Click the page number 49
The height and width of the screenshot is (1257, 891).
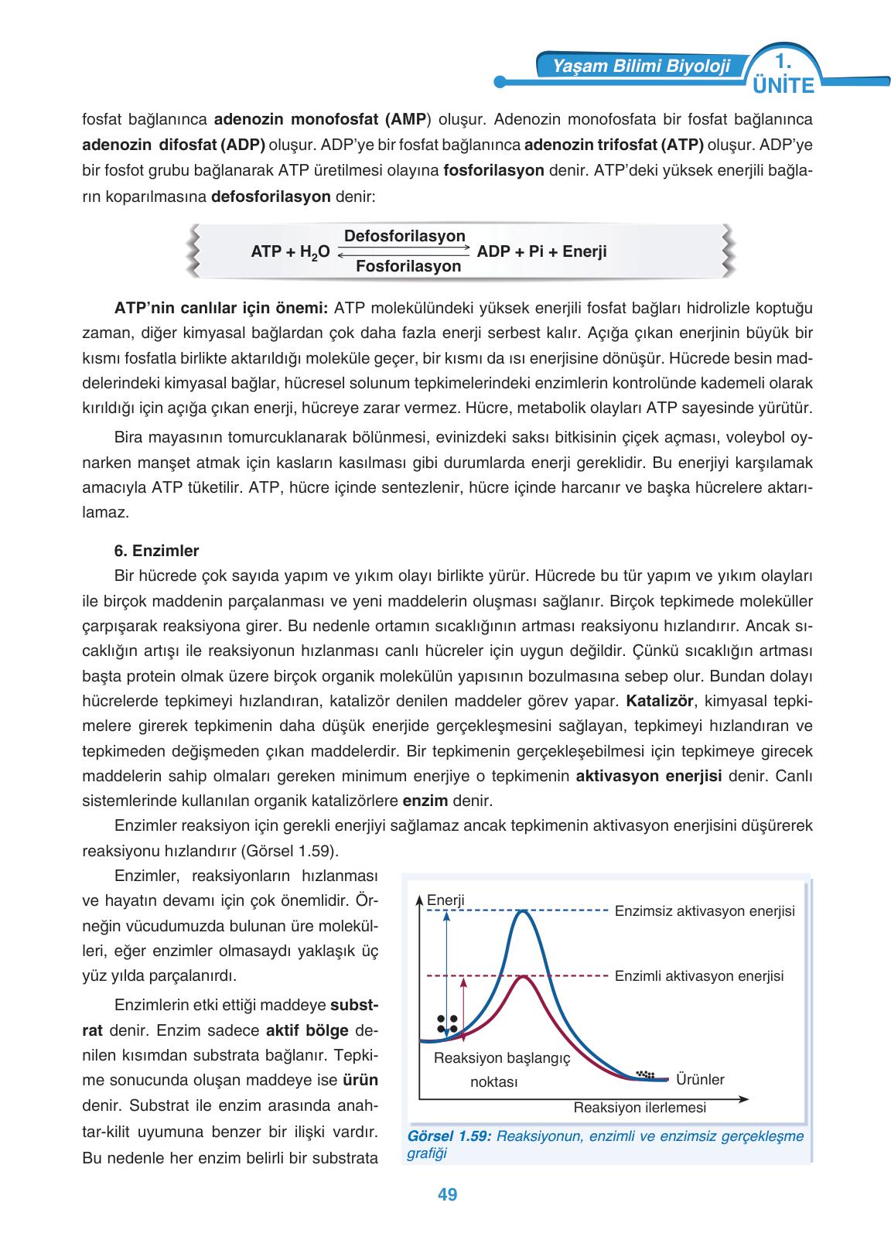[447, 1194]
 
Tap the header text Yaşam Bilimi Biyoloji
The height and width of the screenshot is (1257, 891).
[641, 67]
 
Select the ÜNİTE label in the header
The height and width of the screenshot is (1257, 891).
[783, 86]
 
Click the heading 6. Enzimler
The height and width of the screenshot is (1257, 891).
[156, 552]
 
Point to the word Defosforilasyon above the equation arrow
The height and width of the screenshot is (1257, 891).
[405, 235]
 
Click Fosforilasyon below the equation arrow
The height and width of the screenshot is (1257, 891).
[408, 266]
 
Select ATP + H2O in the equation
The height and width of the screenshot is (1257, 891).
[291, 251]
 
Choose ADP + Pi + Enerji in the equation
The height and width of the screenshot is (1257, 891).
[542, 251]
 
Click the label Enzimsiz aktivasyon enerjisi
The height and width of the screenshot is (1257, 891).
[705, 910]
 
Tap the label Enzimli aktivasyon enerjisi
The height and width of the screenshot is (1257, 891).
[699, 975]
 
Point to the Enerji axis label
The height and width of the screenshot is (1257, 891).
[445, 900]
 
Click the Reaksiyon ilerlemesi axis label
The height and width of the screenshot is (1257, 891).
[640, 1107]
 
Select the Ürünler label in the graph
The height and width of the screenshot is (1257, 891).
[700, 1079]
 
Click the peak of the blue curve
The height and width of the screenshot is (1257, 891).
[524, 912]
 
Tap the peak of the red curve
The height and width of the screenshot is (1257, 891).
[524, 976]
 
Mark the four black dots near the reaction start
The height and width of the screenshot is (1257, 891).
[447, 1023]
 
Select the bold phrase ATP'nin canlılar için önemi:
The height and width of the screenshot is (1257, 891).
[222, 308]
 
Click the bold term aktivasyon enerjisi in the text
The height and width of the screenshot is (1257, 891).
[650, 776]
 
